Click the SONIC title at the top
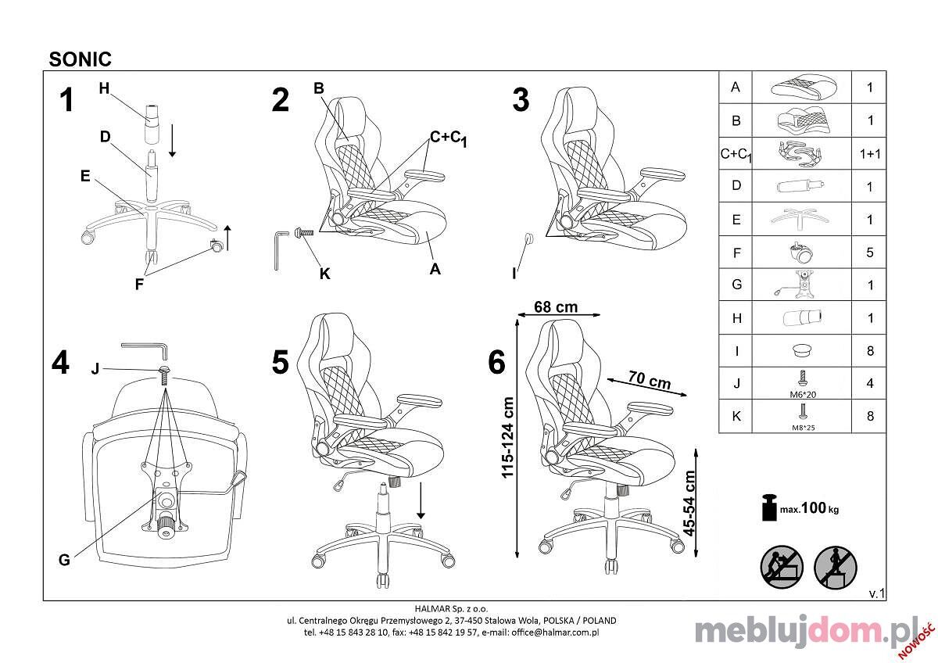(80, 59)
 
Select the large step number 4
(60, 363)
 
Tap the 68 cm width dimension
(556, 307)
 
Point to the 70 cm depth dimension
(649, 380)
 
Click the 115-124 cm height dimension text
(507, 437)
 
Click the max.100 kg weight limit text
(809, 508)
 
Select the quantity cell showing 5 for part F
(870, 252)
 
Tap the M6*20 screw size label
(803, 395)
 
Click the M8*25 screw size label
(804, 428)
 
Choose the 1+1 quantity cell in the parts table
(870, 154)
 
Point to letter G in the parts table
(736, 285)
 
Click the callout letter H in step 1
(104, 88)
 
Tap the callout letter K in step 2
(324, 274)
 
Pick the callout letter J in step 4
(95, 369)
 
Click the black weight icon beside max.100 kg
(770, 507)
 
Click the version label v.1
(876, 593)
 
